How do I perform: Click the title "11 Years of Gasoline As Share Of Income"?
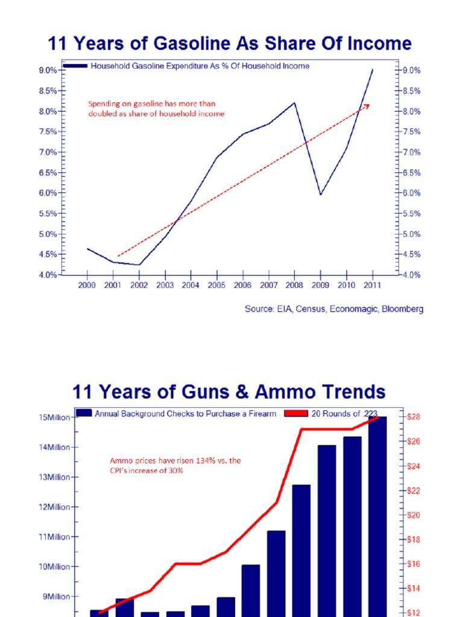[x=229, y=44]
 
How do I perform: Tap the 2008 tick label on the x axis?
[x=295, y=285]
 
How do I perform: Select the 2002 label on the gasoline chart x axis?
[x=139, y=285]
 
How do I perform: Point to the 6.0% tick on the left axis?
[x=48, y=193]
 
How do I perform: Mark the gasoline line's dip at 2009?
[x=320, y=194]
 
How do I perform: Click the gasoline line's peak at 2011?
[x=373, y=70]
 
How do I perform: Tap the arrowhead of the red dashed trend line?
[x=367, y=105]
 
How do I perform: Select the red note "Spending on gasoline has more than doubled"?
[x=156, y=108]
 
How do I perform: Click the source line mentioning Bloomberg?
[x=333, y=309]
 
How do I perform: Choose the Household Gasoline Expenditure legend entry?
[x=199, y=66]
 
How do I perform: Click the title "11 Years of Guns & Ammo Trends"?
[x=228, y=392]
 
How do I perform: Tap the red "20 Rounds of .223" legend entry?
[x=341, y=413]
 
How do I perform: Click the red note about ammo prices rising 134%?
[x=175, y=465]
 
